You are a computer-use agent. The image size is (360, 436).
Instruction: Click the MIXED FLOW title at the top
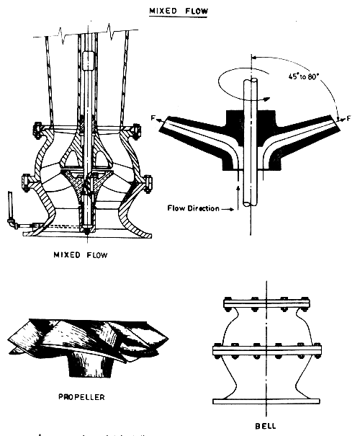coord(176,12)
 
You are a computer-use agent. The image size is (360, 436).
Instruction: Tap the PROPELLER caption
coord(84,396)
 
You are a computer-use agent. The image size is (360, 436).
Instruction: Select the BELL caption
coord(266,426)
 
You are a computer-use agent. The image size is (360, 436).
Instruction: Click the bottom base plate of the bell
coord(266,401)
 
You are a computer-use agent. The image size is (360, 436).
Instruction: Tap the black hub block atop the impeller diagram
coord(248,119)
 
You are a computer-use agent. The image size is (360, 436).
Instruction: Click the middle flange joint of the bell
coord(266,351)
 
